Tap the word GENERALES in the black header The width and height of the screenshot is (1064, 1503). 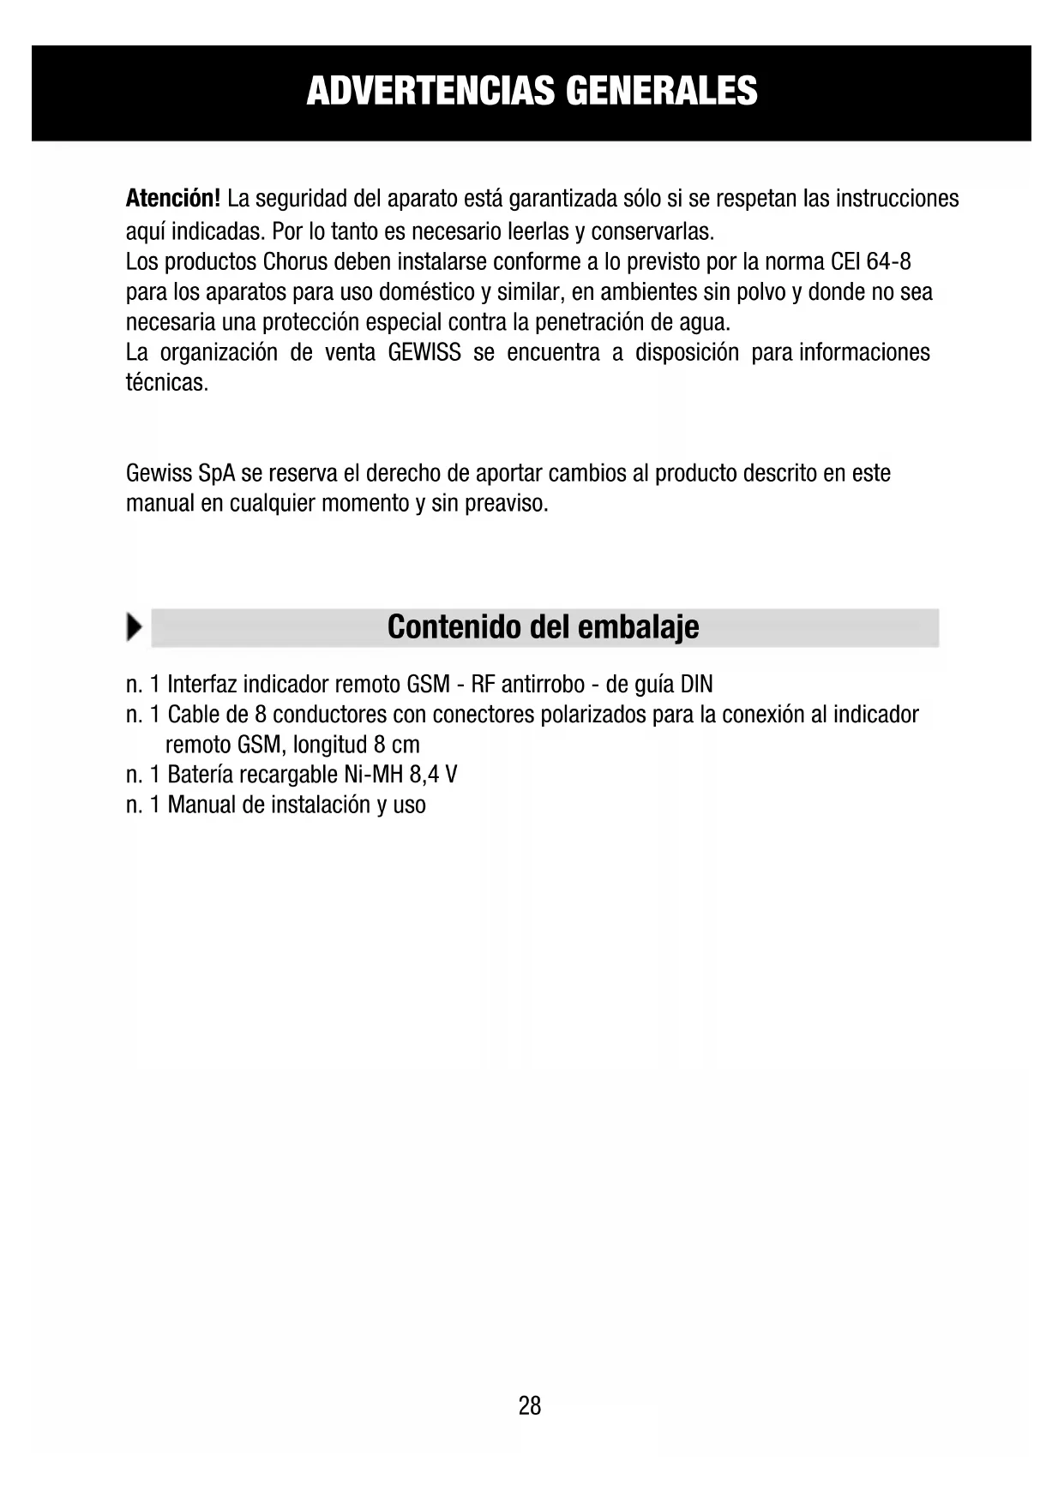(662, 91)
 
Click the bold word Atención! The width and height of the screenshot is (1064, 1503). (173, 199)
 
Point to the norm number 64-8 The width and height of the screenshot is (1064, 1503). (889, 261)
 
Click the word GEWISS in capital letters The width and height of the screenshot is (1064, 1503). (424, 352)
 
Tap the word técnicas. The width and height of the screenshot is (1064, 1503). (167, 382)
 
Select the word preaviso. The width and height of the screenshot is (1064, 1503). (506, 503)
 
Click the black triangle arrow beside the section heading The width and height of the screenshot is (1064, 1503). (134, 627)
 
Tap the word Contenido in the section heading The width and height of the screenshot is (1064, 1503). (454, 627)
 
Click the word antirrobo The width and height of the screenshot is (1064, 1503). (543, 685)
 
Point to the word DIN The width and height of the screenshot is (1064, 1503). (696, 685)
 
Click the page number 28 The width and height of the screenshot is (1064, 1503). (530, 1405)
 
